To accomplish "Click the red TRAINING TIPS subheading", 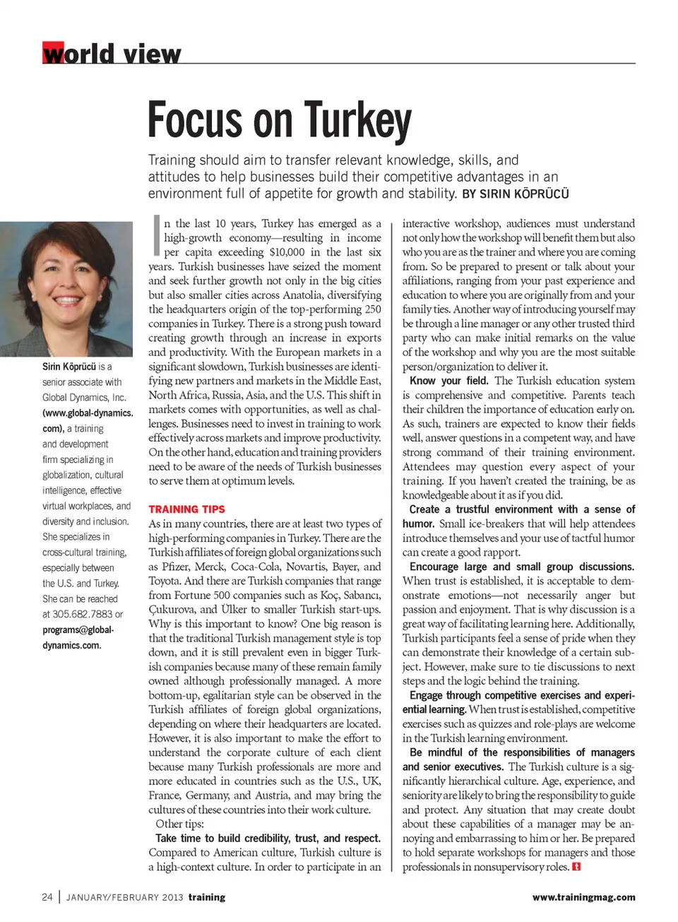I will (186, 509).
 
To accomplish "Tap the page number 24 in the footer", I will (47, 897).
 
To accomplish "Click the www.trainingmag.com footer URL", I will (583, 897).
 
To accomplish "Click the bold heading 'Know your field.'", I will (448, 380).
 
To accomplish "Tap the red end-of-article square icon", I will (576, 866).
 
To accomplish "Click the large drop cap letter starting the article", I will (157, 236).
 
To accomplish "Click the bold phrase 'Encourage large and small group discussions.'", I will (521, 567).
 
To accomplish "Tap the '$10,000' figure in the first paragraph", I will (287, 252).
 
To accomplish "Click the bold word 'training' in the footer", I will (207, 897).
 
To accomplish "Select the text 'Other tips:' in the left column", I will (179, 824).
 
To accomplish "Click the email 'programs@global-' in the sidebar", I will (78, 630).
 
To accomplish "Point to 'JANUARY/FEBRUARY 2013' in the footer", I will (125, 897).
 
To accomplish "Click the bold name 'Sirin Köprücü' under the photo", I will (69, 367).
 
